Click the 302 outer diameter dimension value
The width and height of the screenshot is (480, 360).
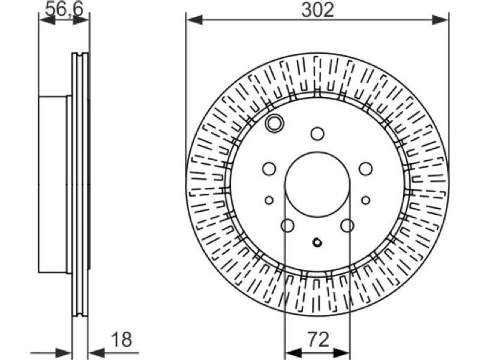coord(317,10)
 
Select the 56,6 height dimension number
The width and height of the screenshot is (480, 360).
coord(64,9)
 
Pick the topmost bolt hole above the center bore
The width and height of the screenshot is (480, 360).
coord(317,133)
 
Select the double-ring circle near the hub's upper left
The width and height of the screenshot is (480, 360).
coord(275,123)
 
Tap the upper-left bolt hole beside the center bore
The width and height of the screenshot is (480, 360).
coord(269,169)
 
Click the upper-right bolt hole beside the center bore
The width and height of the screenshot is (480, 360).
coord(366,169)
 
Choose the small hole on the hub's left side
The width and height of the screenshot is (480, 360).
coord(269,200)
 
